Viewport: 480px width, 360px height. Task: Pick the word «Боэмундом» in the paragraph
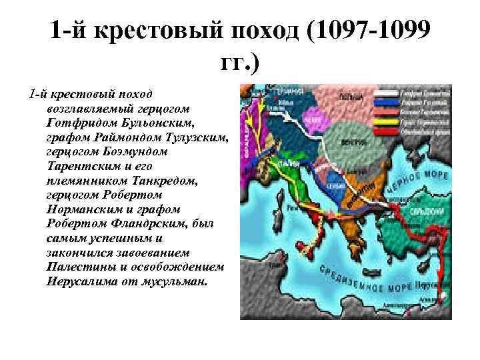coord(133,151)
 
